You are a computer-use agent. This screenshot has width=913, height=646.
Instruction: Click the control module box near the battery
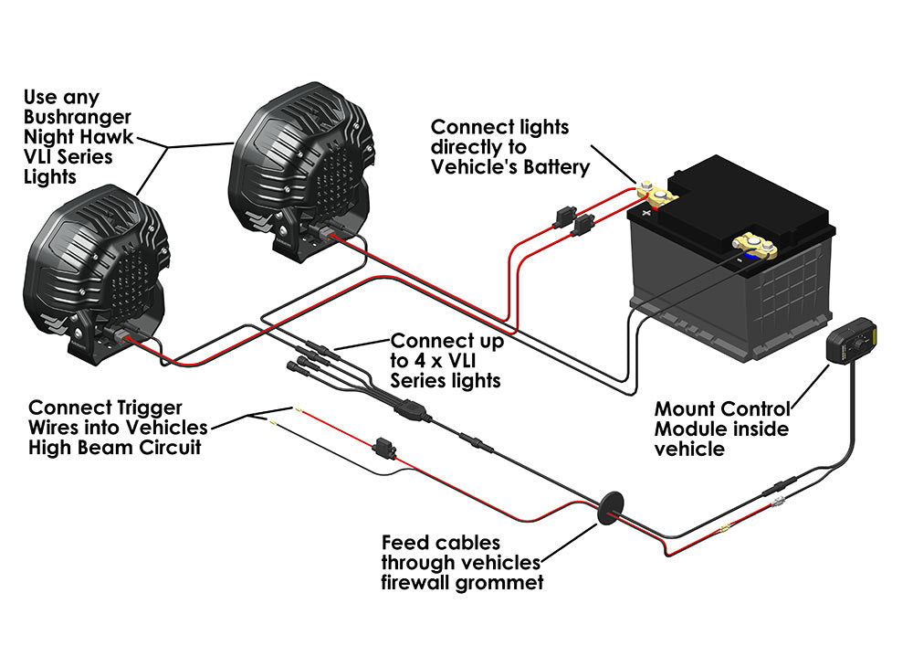pos(852,341)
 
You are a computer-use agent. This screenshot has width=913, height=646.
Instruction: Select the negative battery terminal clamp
pos(754,247)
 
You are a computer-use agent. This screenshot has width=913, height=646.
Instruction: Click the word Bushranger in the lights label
pos(77,117)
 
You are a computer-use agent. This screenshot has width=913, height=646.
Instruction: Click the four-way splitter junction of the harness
pos(407,410)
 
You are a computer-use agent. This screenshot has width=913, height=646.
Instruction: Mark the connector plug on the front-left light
pos(121,337)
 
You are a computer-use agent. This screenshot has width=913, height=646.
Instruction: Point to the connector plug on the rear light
pos(326,235)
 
